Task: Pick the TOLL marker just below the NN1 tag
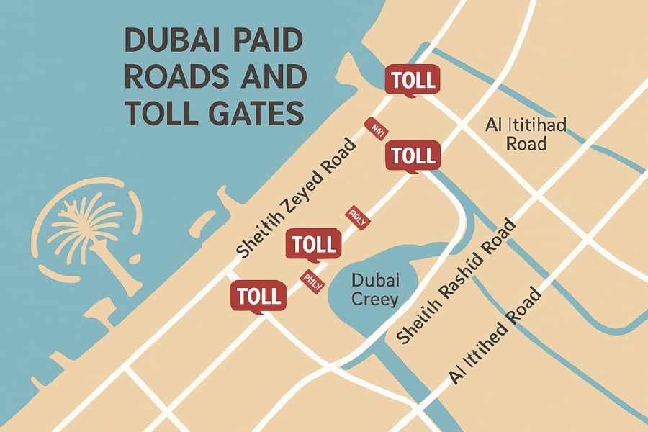click(413, 155)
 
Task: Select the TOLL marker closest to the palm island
click(258, 296)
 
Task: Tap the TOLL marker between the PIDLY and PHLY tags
click(314, 244)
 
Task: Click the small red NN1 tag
click(376, 128)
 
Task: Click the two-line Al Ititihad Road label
click(526, 134)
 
